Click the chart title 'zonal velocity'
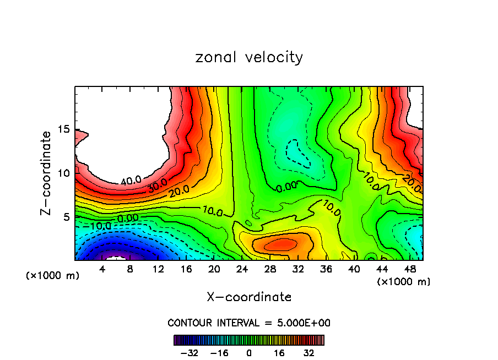249,57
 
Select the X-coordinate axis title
249,297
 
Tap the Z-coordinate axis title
46,173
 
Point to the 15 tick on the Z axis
64,129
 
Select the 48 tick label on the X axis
409,269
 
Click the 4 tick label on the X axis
102,269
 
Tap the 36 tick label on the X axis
326,269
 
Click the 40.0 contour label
131,180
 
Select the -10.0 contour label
100,226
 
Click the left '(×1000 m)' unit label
53,276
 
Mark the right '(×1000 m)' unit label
404,282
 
